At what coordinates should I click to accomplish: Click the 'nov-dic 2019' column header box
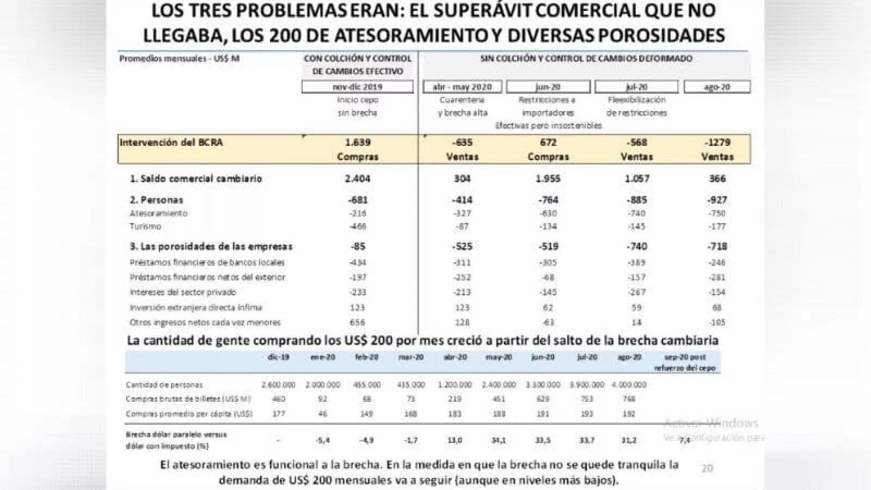(x=358, y=87)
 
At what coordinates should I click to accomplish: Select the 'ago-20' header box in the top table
(x=717, y=87)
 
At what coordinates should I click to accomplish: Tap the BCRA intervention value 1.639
(x=358, y=143)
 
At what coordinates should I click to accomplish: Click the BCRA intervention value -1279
(x=717, y=143)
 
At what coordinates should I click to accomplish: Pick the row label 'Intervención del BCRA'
(x=171, y=143)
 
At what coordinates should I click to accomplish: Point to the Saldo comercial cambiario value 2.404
(x=358, y=179)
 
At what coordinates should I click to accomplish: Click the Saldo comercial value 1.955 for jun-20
(x=548, y=179)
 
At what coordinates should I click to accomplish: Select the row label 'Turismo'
(x=145, y=226)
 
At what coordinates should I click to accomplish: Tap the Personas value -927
(x=717, y=200)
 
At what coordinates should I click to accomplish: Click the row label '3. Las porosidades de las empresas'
(x=211, y=247)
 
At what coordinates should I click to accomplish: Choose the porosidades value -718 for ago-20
(x=717, y=247)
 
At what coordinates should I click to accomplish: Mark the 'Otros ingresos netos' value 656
(x=358, y=322)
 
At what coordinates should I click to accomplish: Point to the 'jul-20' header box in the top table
(x=636, y=87)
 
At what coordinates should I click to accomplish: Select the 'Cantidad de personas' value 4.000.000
(x=629, y=385)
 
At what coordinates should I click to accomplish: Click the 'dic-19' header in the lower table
(x=278, y=358)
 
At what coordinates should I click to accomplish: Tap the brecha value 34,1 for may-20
(x=499, y=440)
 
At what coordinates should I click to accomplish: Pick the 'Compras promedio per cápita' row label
(x=189, y=414)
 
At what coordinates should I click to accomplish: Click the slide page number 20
(x=707, y=468)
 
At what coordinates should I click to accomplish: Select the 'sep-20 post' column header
(x=685, y=358)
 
